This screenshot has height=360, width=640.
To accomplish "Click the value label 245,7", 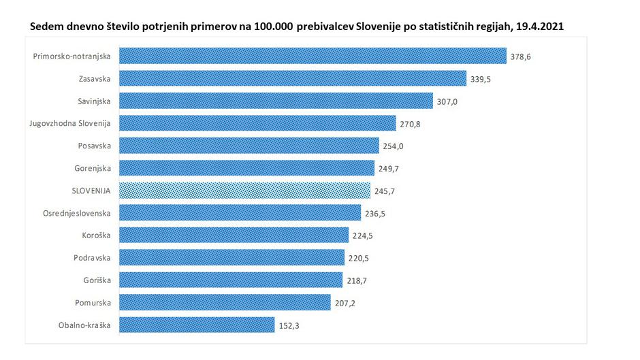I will pyautogui.click(x=385, y=191).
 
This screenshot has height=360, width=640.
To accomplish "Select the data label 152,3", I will pyautogui.click(x=289, y=326).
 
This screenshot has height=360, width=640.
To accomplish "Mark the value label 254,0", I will pyautogui.click(x=393, y=146).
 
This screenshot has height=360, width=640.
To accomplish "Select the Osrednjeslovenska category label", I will pyautogui.click(x=76, y=213).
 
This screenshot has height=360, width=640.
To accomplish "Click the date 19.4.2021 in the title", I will pyautogui.click(x=541, y=25).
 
